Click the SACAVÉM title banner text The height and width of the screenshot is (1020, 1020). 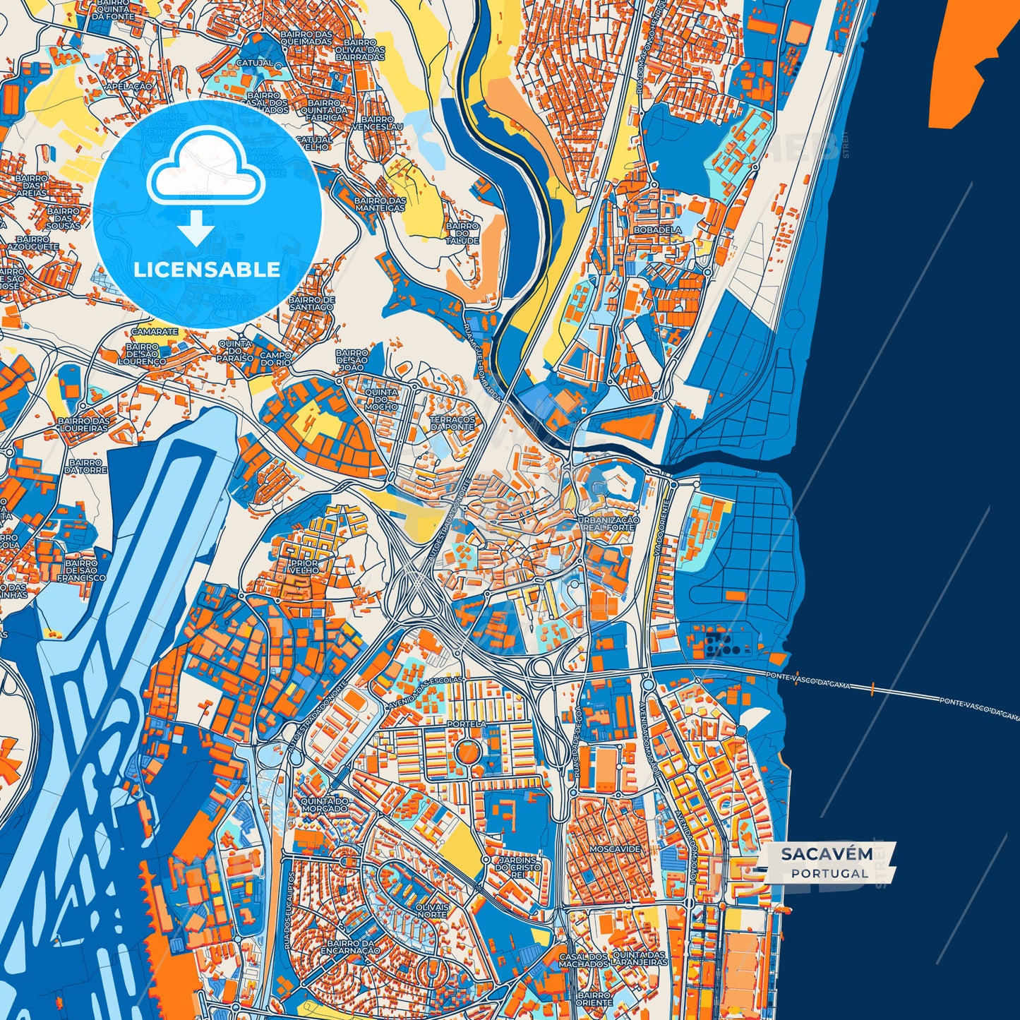826,854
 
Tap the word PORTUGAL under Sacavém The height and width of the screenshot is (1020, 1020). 829,873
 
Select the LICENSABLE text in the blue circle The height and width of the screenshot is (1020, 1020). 207,270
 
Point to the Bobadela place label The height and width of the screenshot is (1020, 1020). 657,230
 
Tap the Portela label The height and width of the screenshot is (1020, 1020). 466,724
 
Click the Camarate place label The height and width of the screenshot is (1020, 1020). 155,331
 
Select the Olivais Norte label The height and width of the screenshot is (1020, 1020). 432,910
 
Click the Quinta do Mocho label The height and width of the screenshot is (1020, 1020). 381,400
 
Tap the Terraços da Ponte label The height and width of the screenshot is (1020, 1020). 452,423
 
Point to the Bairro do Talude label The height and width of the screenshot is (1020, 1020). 462,234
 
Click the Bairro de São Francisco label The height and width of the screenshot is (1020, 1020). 81,570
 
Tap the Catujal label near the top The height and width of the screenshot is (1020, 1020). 255,63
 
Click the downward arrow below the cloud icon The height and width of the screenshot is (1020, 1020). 196,229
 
